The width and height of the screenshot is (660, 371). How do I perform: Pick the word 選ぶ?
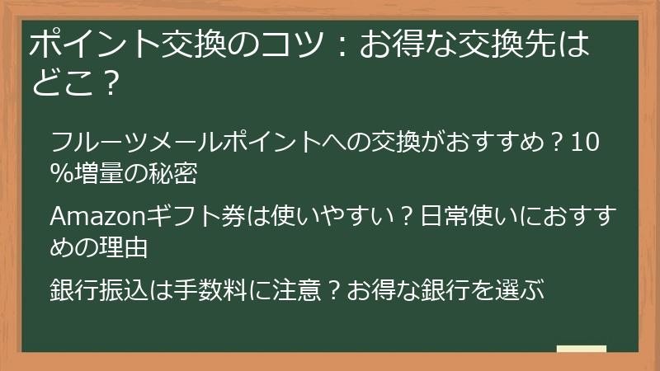tap(519, 291)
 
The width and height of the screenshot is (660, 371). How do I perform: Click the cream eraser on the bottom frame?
tap(581, 350)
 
